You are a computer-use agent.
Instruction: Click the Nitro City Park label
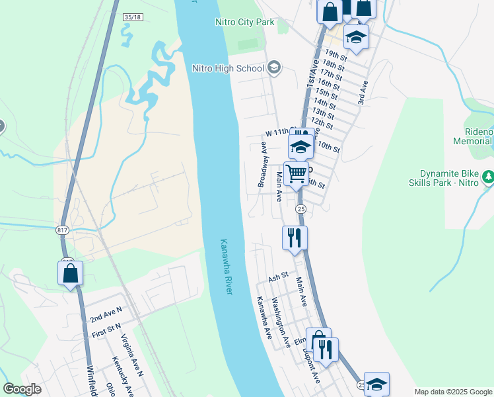244,22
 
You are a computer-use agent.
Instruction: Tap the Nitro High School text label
229,67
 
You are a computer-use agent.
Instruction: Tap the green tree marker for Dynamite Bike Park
488,177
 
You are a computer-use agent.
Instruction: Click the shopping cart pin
297,174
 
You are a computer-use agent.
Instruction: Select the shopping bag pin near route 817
71,273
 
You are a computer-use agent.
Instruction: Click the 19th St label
335,55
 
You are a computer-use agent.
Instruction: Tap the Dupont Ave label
312,367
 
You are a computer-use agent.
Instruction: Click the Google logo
22,389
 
